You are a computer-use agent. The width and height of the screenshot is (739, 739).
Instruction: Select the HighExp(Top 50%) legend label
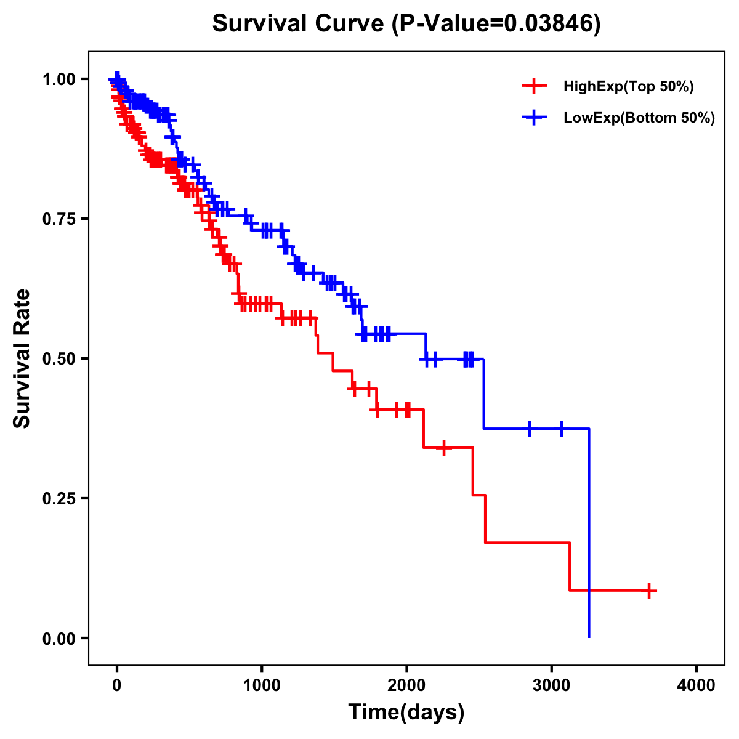tap(629, 87)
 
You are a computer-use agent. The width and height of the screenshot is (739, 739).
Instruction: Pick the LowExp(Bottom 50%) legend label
tap(639, 118)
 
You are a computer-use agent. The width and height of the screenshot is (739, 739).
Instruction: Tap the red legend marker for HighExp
tap(535, 86)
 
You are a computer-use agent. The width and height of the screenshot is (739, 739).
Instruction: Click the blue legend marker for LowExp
tap(535, 118)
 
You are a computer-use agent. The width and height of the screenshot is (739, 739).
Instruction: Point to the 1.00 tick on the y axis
tap(59, 79)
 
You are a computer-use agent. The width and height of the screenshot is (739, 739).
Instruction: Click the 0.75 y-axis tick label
tap(59, 219)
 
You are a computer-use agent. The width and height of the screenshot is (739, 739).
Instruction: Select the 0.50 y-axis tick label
tap(59, 359)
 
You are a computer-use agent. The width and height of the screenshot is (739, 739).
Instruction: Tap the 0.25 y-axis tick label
tap(59, 499)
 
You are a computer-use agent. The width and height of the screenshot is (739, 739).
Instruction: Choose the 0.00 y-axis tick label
tap(59, 639)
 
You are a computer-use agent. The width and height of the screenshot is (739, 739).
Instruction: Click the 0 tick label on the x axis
tap(117, 685)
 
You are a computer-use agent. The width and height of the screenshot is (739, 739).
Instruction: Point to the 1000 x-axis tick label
tap(262, 685)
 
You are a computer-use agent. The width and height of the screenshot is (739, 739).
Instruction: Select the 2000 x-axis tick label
tap(406, 685)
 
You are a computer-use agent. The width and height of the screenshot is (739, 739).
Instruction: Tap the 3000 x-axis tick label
tap(552, 685)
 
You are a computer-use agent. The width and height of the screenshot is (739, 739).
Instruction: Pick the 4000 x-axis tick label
tap(697, 685)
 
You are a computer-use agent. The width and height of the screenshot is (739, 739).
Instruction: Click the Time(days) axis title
tap(406, 713)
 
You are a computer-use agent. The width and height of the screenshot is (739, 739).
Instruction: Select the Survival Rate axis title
tap(22, 358)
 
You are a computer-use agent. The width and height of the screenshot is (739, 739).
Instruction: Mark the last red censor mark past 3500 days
tap(648, 591)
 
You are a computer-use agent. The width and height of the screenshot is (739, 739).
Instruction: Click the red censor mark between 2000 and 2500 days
tap(443, 448)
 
